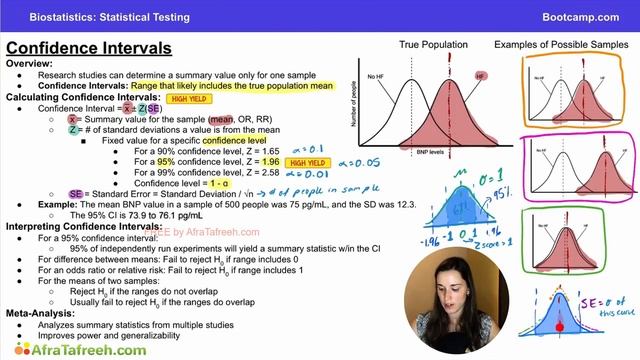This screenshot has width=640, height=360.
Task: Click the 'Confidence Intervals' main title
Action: [89, 48]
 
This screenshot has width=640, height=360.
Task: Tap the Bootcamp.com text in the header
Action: [588, 16]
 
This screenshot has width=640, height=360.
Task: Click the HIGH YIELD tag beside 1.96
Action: [306, 161]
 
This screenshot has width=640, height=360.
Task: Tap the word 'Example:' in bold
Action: [61, 203]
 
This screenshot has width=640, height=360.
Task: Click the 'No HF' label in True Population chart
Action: [376, 76]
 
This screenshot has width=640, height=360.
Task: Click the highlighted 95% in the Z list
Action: [166, 161]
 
